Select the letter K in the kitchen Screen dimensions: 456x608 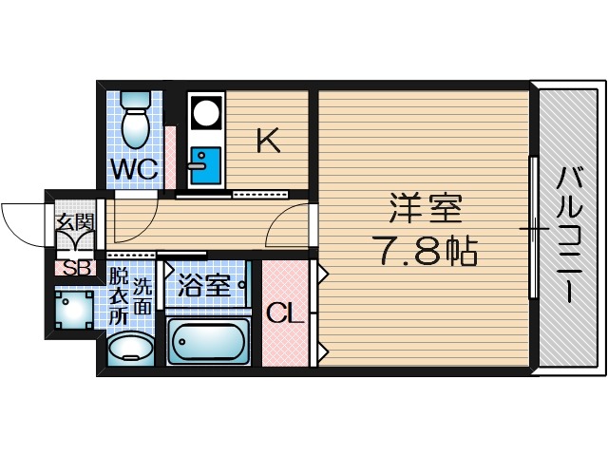[x=268, y=142]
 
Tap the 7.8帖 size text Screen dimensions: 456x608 [x=423, y=252]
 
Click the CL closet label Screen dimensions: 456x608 [x=284, y=313]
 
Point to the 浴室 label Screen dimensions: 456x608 [x=205, y=285]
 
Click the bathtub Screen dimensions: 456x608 [x=209, y=342]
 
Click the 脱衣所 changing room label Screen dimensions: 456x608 [x=118, y=297]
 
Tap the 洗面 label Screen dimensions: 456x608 [x=142, y=295]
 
